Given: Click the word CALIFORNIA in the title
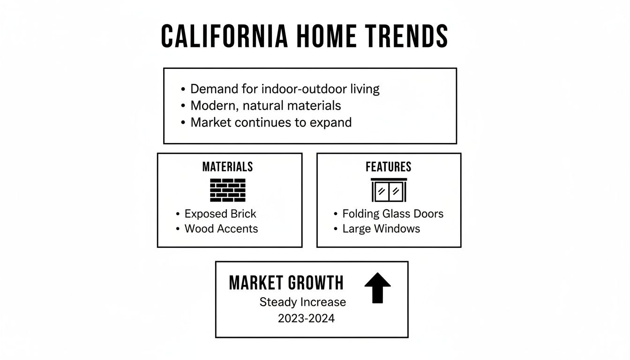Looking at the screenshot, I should pyautogui.click(x=224, y=36).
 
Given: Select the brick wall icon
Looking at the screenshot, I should pyautogui.click(x=227, y=190).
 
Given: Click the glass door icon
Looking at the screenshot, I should pyautogui.click(x=389, y=190).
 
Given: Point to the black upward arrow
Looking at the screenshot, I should pyautogui.click(x=377, y=288).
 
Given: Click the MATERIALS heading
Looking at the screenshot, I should pyautogui.click(x=227, y=167).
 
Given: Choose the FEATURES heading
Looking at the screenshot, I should pyautogui.click(x=388, y=167).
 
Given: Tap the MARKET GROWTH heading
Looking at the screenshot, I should pyautogui.click(x=286, y=283).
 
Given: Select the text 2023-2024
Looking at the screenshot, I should pyautogui.click(x=306, y=319).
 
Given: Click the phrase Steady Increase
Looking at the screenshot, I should pyautogui.click(x=303, y=302).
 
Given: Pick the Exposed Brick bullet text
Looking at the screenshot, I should pyautogui.click(x=220, y=214).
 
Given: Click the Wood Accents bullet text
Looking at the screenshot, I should pyautogui.click(x=221, y=229).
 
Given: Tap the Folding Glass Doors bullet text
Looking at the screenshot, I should pyautogui.click(x=393, y=214).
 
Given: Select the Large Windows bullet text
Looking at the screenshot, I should pyautogui.click(x=381, y=229).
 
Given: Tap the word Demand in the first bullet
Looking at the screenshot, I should pyautogui.click(x=215, y=89).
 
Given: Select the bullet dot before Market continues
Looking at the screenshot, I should pyautogui.click(x=183, y=123).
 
